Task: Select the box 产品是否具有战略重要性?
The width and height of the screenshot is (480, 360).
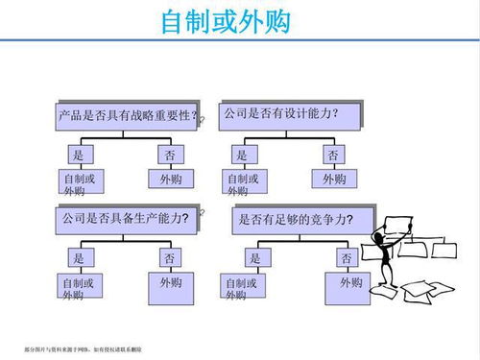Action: coord(129,117)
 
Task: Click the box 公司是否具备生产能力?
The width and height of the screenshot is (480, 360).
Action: coord(128,220)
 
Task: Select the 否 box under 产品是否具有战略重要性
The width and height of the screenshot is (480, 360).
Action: coord(169,155)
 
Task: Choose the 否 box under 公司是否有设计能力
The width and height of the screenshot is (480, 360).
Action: coord(333,155)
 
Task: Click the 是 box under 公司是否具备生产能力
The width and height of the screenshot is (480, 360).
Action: coord(79,258)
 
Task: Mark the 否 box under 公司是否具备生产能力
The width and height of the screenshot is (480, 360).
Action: coord(169,258)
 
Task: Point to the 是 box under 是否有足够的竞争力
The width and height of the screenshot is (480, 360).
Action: coord(254,258)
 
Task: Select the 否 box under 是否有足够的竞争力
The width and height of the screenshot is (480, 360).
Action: coord(346,258)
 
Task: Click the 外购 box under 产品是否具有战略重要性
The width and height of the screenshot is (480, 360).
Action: coord(169,180)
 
